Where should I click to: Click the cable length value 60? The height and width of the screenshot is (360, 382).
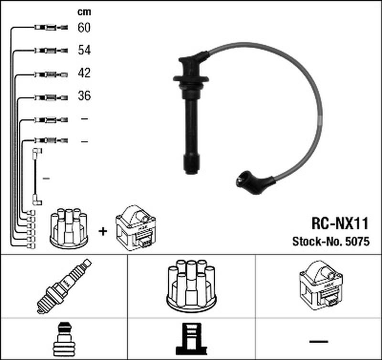pyautogui.click(x=84, y=27)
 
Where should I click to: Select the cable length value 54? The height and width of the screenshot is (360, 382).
pyautogui.click(x=85, y=50)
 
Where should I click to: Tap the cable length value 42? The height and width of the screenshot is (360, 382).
pyautogui.click(x=85, y=73)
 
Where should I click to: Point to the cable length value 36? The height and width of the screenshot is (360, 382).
pyautogui.click(x=85, y=95)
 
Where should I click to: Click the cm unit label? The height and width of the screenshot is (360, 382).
pyautogui.click(x=85, y=12)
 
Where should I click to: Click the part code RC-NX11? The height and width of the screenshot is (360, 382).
pyautogui.click(x=340, y=223)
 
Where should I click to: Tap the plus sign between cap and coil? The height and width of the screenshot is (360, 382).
pyautogui.click(x=103, y=232)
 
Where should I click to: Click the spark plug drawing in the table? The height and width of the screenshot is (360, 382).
pyautogui.click(x=64, y=286)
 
